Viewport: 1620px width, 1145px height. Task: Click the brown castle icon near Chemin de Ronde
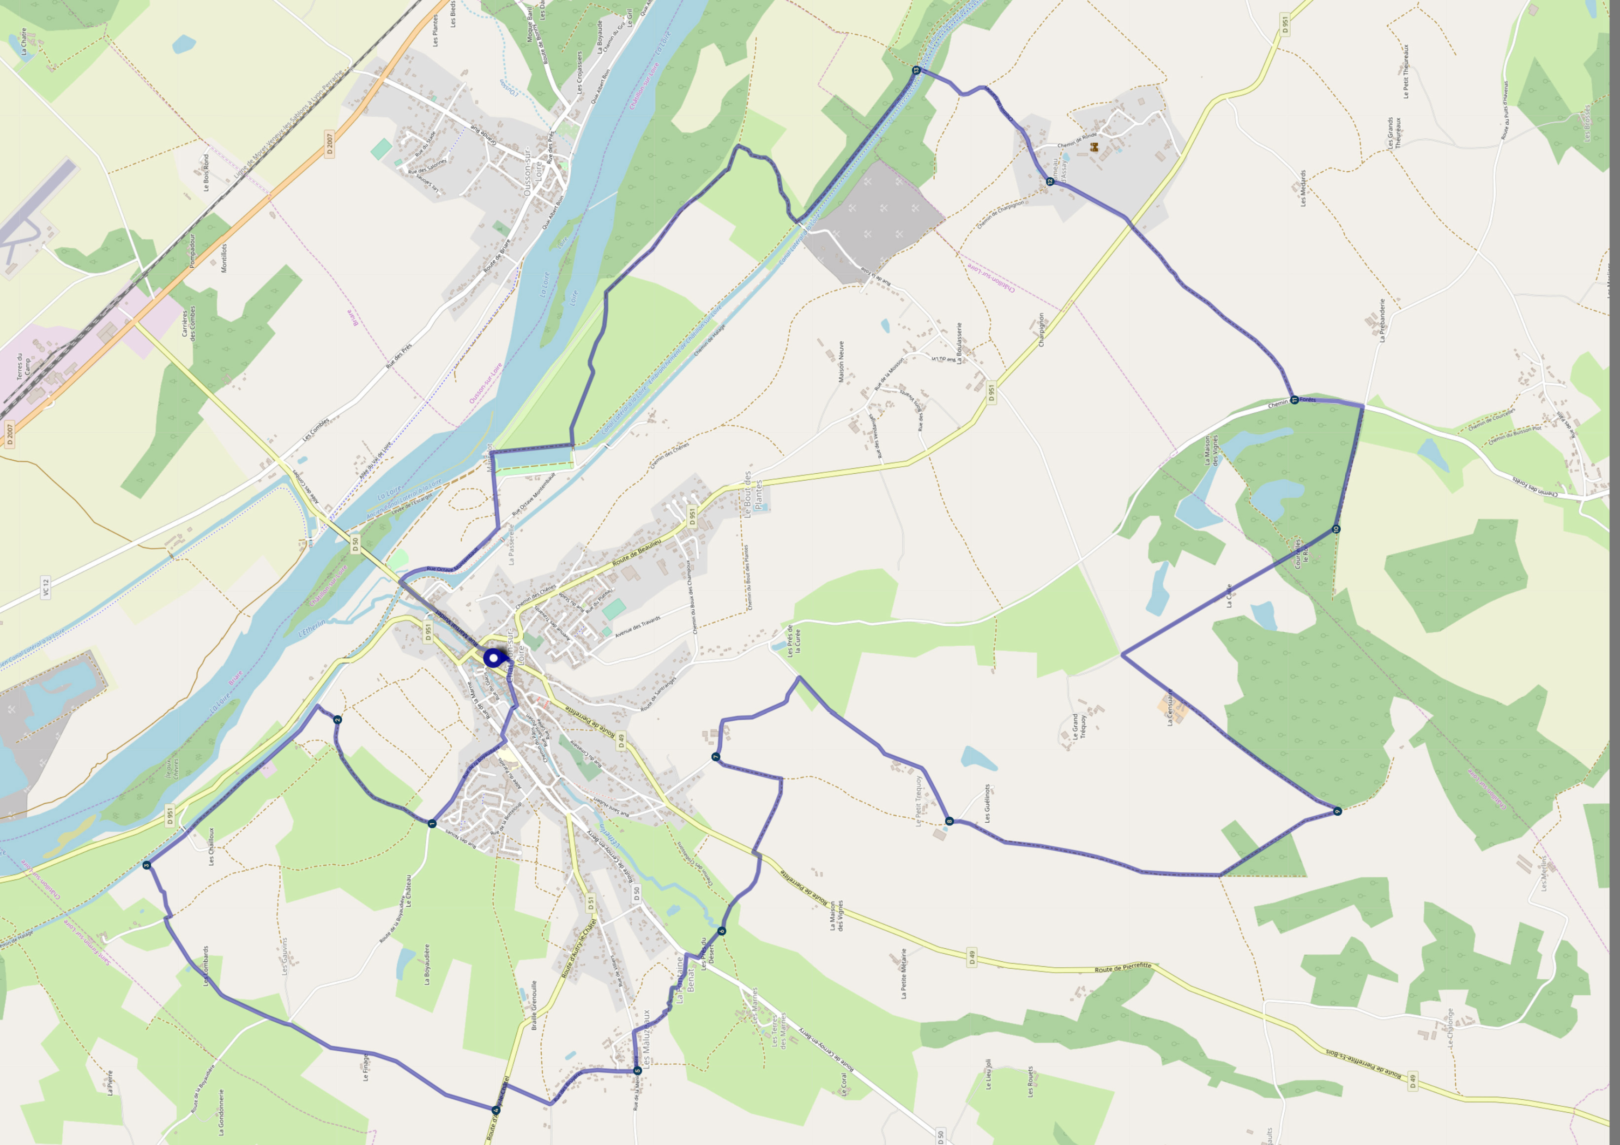coord(1094,147)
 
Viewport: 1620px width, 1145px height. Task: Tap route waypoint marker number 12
coord(1050,181)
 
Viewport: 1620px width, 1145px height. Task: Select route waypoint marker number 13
coord(916,70)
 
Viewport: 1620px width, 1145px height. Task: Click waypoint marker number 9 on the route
coord(1337,811)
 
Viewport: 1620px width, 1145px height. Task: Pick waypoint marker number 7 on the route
coord(715,757)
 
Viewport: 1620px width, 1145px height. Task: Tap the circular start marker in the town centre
coord(492,658)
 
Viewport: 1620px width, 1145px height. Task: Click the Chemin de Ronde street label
coord(1077,140)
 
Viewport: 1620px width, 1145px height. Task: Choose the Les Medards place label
coord(1302,188)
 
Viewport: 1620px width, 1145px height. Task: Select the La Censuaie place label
coord(1170,707)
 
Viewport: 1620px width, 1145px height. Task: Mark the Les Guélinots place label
coord(987,803)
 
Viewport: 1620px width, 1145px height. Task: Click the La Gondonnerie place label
coord(221,1113)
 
